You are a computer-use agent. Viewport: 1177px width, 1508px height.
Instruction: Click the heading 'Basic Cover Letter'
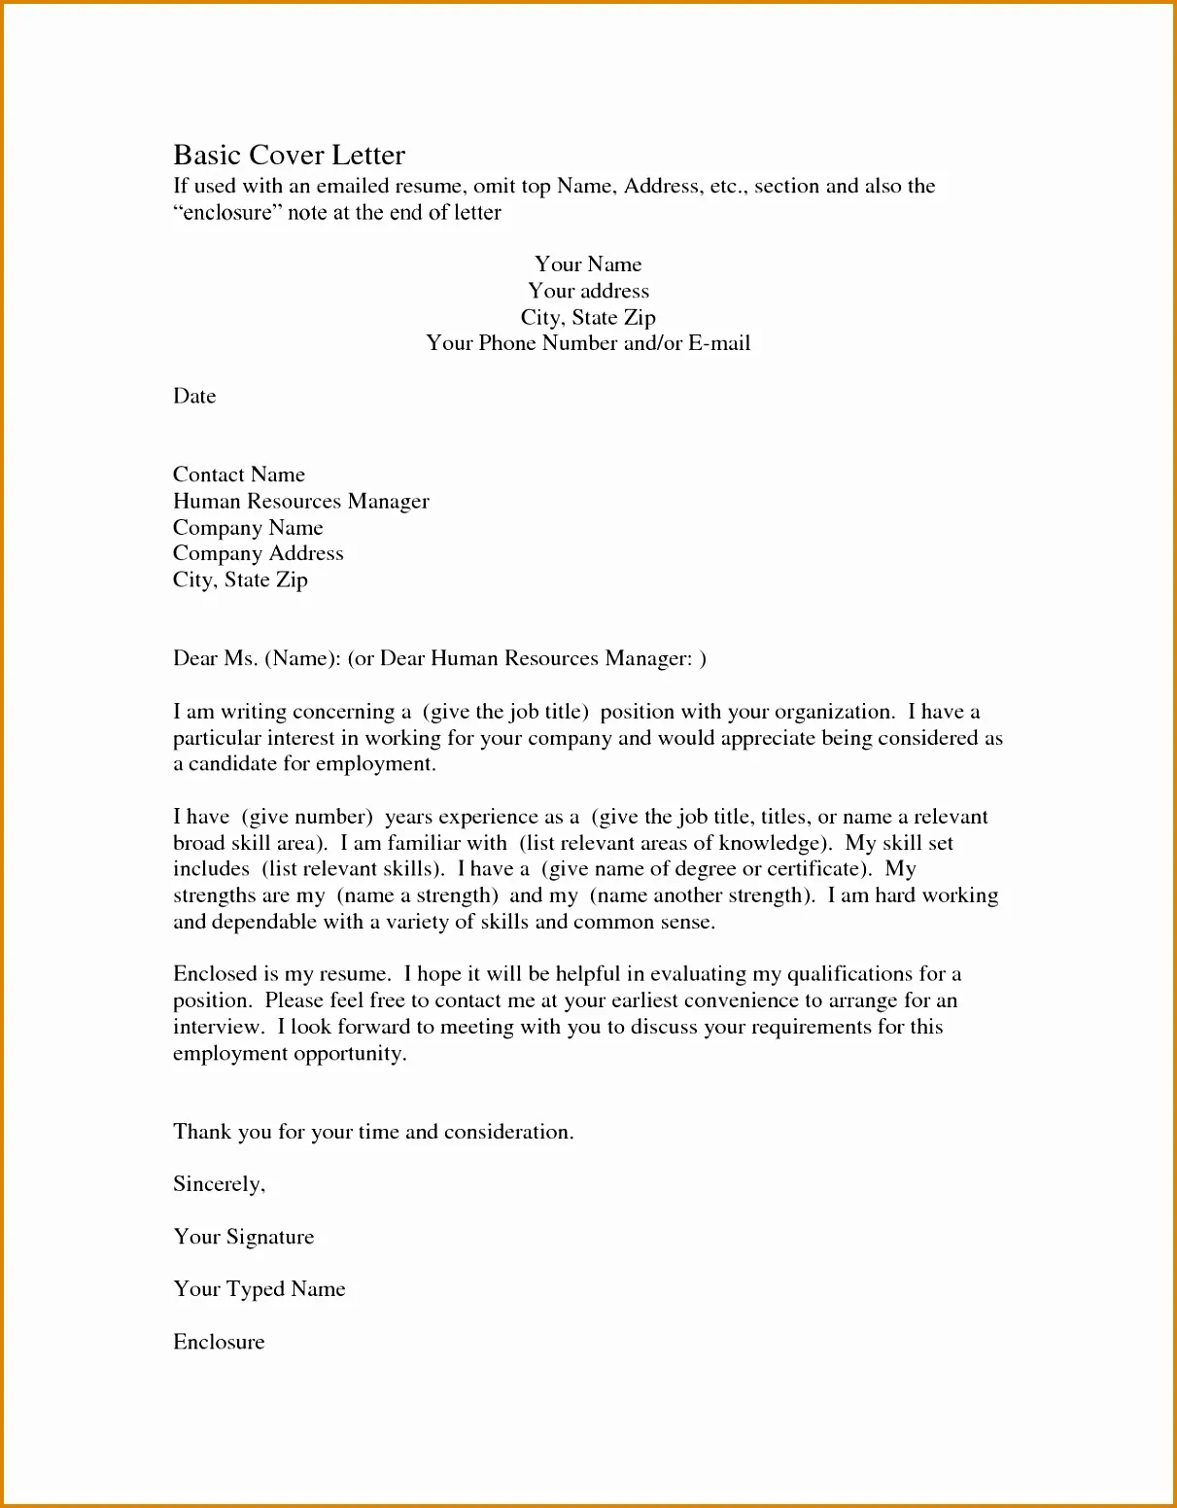289,156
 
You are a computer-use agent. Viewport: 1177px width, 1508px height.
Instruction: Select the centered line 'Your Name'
588,264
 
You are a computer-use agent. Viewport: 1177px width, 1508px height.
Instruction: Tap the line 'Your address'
588,291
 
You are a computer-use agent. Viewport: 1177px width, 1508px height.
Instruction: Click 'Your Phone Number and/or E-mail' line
588,343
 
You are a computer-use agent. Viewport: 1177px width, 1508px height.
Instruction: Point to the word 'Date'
194,396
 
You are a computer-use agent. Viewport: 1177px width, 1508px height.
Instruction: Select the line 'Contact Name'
239,474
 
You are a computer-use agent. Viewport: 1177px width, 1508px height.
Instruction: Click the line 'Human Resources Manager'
300,501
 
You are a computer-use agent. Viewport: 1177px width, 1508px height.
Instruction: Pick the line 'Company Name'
248,528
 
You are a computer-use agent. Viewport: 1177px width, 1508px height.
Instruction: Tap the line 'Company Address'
258,553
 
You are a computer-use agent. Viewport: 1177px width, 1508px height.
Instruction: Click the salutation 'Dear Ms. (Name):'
257,658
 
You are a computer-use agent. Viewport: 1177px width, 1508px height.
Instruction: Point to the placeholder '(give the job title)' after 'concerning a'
505,712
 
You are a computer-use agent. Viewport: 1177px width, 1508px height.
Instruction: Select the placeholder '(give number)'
307,817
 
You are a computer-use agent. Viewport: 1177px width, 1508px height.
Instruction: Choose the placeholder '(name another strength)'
702,895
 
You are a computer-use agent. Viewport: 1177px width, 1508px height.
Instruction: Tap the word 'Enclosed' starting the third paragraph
215,974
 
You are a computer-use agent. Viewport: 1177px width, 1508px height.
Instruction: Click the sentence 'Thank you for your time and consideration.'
373,1132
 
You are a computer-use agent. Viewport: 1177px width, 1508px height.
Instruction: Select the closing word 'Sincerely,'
219,1184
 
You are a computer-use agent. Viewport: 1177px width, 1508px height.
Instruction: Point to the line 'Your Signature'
244,1237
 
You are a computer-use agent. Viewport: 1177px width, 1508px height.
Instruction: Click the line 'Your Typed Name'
260,1289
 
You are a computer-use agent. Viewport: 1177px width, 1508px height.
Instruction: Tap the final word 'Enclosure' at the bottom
219,1342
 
